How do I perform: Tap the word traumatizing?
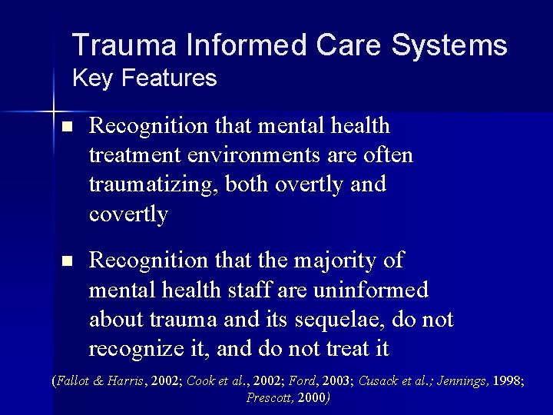tap(154, 185)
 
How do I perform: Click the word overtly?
tap(300, 185)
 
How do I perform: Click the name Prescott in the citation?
tap(269, 397)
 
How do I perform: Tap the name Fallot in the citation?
tap(74, 380)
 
